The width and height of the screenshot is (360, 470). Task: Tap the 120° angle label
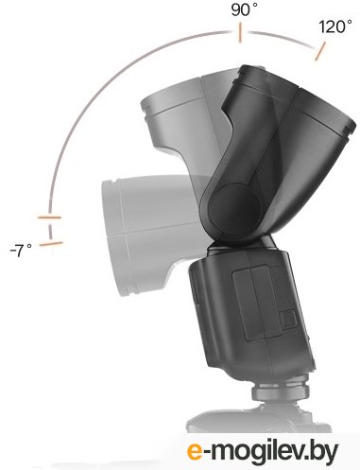click(334, 27)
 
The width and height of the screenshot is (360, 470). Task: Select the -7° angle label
click(20, 250)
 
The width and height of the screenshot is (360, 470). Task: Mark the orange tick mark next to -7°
click(48, 243)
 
